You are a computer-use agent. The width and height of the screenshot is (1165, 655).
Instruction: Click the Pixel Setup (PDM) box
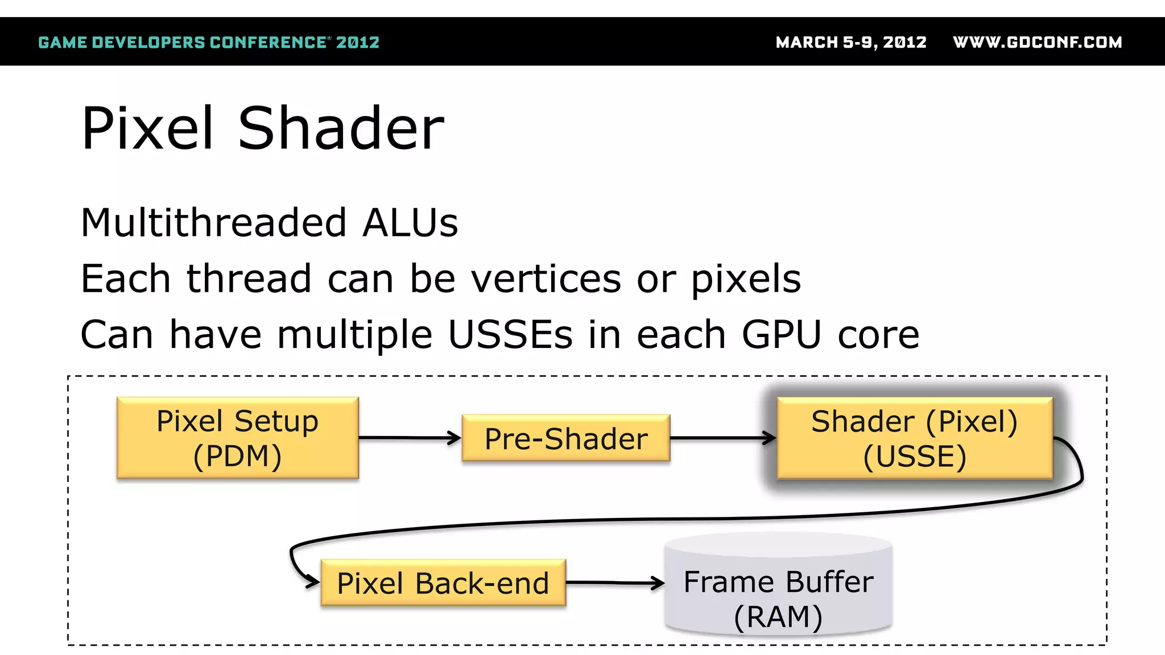(x=237, y=438)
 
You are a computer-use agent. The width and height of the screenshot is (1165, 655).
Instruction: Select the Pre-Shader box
(x=566, y=438)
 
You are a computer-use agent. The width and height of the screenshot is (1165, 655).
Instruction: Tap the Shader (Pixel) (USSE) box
(x=914, y=438)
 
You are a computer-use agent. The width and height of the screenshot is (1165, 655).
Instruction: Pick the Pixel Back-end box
(x=443, y=583)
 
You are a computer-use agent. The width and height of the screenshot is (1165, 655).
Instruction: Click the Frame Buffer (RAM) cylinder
(x=778, y=591)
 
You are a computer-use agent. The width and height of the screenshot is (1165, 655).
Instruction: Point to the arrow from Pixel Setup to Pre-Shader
(x=410, y=438)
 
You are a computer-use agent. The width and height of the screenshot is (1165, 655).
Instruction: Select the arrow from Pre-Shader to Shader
(x=722, y=438)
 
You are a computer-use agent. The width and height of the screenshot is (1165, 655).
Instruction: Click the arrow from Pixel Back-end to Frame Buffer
(x=614, y=583)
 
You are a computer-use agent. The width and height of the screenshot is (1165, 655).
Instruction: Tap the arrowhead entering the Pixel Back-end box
(x=312, y=582)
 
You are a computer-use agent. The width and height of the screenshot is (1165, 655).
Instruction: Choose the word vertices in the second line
(x=546, y=279)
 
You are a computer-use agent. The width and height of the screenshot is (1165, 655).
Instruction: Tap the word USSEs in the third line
(x=510, y=334)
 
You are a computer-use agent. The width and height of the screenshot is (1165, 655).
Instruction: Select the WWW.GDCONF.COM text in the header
(x=1037, y=42)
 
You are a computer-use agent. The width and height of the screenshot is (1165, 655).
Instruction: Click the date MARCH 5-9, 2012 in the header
(x=851, y=42)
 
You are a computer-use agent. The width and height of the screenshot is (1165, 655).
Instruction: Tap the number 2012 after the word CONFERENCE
(x=357, y=42)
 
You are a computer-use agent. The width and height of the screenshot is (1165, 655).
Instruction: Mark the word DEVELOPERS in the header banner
(x=148, y=42)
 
